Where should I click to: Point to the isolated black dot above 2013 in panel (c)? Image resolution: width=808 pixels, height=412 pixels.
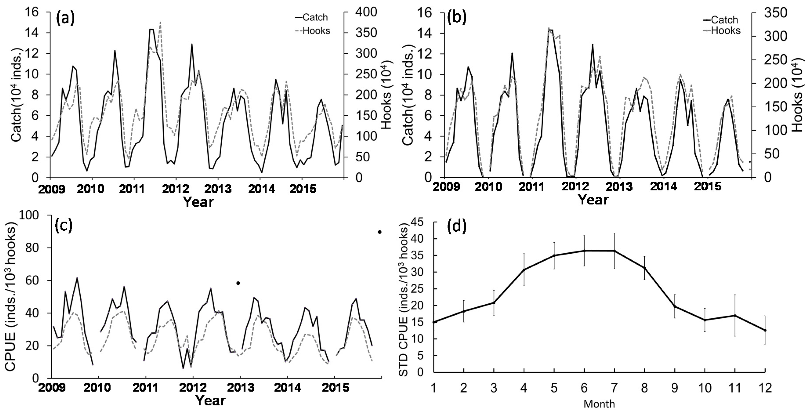(x=238, y=283)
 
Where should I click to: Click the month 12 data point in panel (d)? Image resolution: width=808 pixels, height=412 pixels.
(x=765, y=330)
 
